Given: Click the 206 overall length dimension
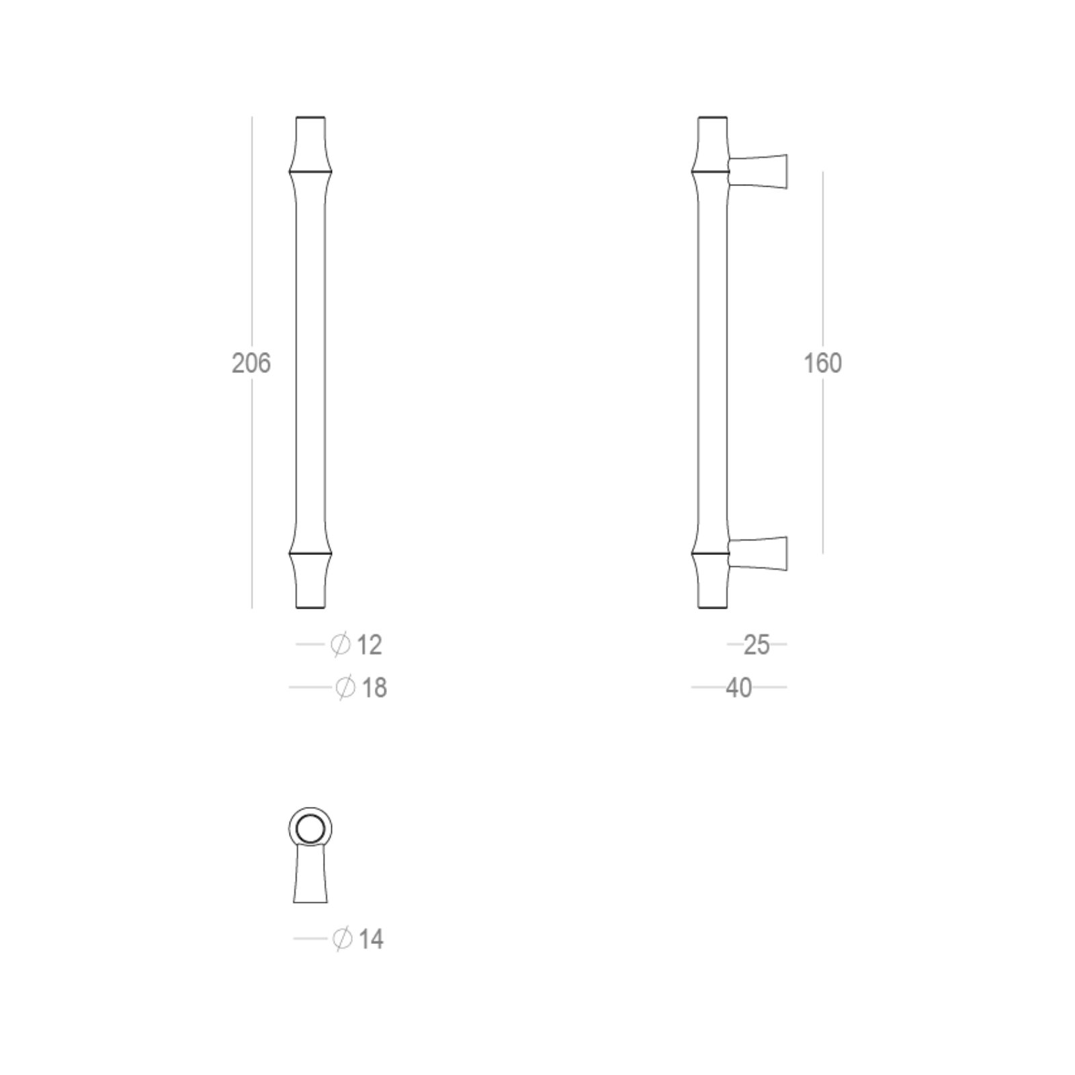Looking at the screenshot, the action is coord(251,363).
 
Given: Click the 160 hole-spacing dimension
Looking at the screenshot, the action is coord(822,363).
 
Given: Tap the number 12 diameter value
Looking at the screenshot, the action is coord(370,645).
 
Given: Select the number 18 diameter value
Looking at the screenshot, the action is coord(374,688).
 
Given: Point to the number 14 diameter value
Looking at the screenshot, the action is coord(372,939).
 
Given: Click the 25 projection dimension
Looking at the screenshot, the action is coord(757,645).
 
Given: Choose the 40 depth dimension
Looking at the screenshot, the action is coord(739,688).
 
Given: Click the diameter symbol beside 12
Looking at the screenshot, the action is coord(341,645).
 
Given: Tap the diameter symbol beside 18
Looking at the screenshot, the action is coord(345,688).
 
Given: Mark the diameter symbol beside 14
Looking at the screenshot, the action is coord(342,939).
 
